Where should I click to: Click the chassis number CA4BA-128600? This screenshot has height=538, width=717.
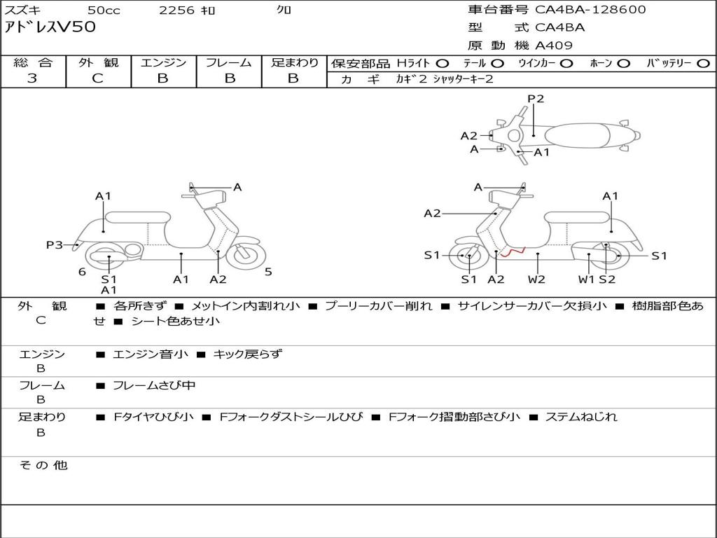[x=590, y=10]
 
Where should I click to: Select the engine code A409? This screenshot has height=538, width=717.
[x=554, y=46]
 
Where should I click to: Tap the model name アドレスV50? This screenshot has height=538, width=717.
[x=50, y=27]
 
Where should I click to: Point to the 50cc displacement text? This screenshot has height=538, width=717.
[x=103, y=10]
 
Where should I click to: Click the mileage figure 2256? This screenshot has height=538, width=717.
[x=176, y=10]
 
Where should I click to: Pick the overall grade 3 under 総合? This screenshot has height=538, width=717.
[x=32, y=78]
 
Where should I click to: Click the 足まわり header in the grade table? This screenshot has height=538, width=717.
[x=294, y=62]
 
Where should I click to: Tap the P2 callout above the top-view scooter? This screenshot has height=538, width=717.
[x=536, y=99]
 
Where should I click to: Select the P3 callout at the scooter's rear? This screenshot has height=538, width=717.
[x=55, y=244]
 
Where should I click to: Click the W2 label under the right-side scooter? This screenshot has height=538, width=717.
[x=536, y=280]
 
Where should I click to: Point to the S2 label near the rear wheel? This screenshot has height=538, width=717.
[x=607, y=280]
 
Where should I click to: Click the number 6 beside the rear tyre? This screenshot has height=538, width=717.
[x=82, y=272]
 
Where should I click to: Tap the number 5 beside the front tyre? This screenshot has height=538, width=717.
[x=268, y=272]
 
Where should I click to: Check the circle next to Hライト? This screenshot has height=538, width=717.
[x=442, y=63]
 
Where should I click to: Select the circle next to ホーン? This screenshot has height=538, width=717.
[x=623, y=63]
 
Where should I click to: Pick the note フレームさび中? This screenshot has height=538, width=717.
[x=154, y=385]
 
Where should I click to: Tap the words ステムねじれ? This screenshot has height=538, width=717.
[x=581, y=417]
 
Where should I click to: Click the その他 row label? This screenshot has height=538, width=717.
[x=43, y=465]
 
